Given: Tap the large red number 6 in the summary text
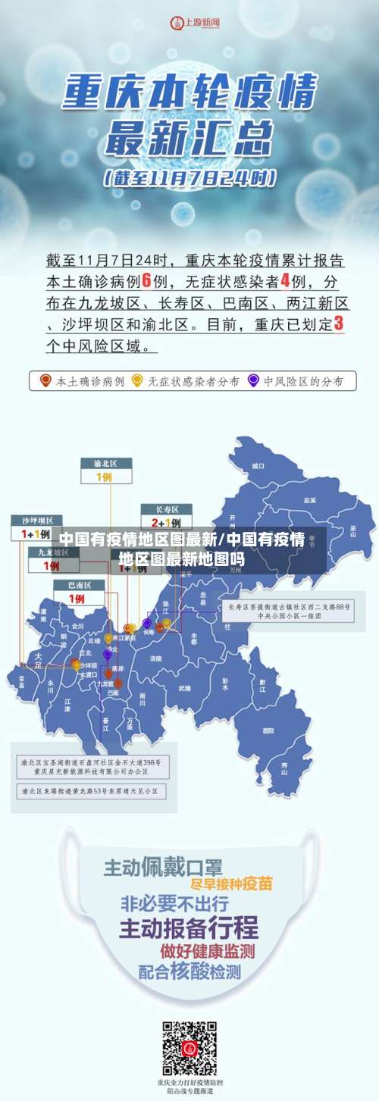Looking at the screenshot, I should [x=148, y=281].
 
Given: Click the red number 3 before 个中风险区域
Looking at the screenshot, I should [x=338, y=324].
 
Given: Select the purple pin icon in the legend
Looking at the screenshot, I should [x=253, y=381].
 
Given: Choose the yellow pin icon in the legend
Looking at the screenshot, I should [x=137, y=381].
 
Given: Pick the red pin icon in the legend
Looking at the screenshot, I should [x=45, y=381].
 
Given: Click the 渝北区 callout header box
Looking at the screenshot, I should [x=106, y=463].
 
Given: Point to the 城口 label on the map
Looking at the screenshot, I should [x=258, y=466].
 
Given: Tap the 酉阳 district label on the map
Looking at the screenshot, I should [x=268, y=731].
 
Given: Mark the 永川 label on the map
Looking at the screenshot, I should [x=51, y=682].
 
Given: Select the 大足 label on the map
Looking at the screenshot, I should [x=39, y=657].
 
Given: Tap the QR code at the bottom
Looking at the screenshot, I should [x=189, y=1049].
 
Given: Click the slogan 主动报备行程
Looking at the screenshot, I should [x=189, y=927].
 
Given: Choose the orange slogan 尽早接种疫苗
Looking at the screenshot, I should [x=221, y=884].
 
